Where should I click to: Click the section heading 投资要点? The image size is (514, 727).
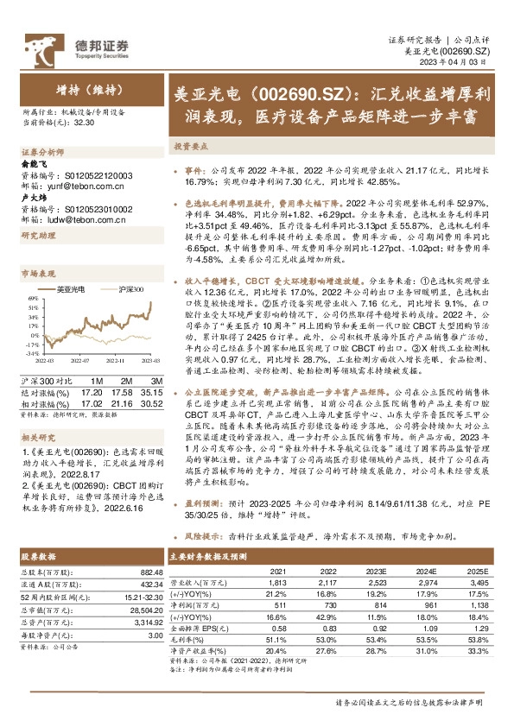tap(190, 147)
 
